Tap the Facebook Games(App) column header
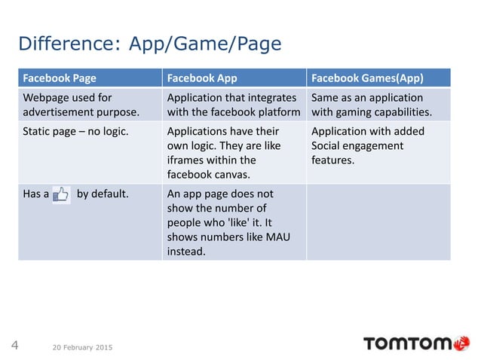[x=366, y=78]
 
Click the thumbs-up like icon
[x=61, y=194]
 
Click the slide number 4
[x=14, y=346]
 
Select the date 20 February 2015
[x=83, y=347]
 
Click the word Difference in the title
[x=63, y=44]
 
